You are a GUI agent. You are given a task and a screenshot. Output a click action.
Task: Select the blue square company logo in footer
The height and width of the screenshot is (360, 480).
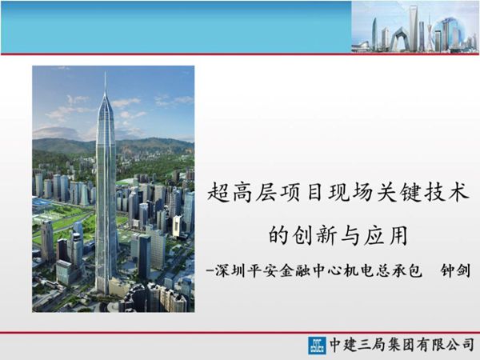317,346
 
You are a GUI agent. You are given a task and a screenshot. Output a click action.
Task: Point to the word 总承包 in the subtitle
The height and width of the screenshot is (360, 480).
398,272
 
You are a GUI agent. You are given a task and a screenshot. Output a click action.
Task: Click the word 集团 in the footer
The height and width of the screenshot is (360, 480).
401,346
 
